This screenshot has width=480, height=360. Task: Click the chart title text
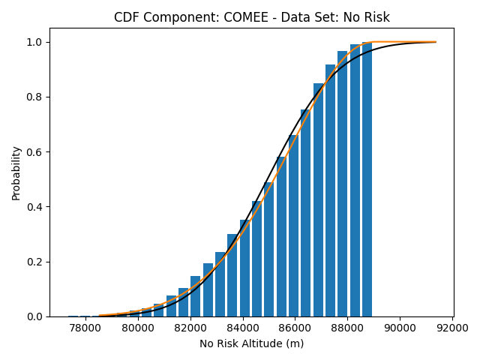pyautogui.click(x=251, y=17)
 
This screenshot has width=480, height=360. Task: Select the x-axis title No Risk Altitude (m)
pyautogui.click(x=251, y=343)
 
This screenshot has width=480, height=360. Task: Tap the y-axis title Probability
pyautogui.click(x=16, y=172)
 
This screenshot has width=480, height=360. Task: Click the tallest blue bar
pyautogui.click(x=367, y=180)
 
